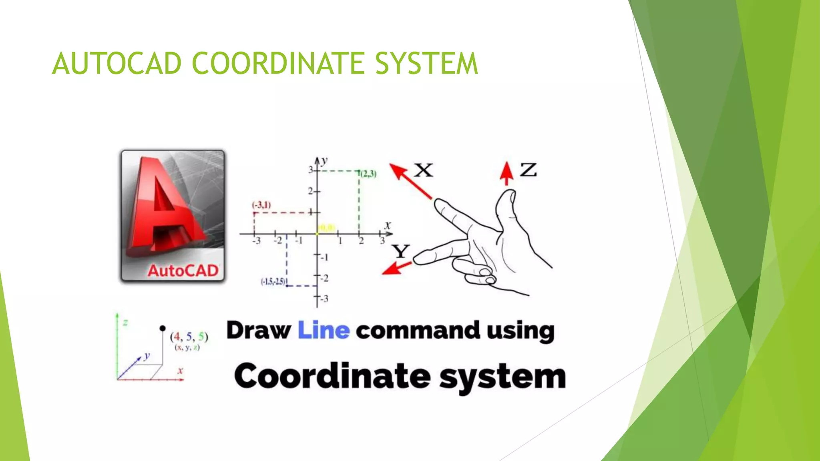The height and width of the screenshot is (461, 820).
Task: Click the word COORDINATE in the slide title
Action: (278, 64)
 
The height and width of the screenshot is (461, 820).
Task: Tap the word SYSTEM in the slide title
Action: (426, 64)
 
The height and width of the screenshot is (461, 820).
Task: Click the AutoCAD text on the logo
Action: (183, 271)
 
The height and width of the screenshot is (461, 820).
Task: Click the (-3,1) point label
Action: (261, 205)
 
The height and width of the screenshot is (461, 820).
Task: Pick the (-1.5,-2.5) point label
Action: (273, 282)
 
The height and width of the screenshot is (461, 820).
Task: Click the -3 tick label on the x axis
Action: (256, 241)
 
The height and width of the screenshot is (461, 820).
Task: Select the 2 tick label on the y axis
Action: (310, 191)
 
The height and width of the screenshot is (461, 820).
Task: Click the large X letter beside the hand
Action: (423, 170)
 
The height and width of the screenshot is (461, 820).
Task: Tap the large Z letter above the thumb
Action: (528, 170)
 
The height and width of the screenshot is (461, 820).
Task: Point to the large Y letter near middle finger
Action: (400, 251)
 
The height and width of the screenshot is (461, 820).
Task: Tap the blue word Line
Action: (324, 331)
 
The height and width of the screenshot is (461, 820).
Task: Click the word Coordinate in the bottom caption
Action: (332, 376)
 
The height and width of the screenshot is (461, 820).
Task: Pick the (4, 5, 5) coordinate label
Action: (189, 337)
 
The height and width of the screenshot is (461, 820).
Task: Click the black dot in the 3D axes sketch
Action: (162, 329)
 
